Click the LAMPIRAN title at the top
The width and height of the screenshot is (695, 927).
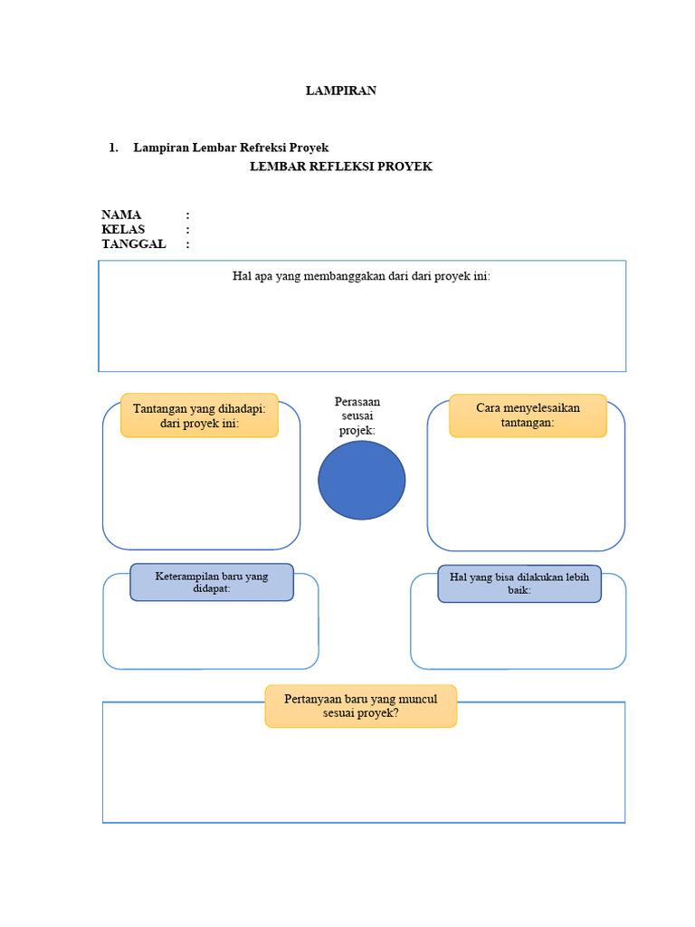point(340,91)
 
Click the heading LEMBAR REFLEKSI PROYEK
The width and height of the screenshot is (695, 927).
point(341,167)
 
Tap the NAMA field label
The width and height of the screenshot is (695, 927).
point(121,215)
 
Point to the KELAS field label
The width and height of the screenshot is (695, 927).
point(123,230)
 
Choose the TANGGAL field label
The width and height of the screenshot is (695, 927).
point(134,244)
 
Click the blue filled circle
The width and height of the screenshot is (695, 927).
point(362,480)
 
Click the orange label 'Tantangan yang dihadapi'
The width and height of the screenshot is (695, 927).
point(199,416)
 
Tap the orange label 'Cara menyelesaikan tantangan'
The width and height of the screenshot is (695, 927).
point(528,416)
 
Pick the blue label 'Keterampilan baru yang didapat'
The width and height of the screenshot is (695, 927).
point(212,582)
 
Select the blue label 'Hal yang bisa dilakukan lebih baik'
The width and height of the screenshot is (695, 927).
point(519,584)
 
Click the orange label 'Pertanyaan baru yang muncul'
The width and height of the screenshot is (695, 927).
point(361,706)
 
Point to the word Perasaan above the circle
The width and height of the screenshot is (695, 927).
point(357,401)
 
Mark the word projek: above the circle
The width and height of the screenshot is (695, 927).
point(357,431)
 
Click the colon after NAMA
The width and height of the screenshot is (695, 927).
point(188,215)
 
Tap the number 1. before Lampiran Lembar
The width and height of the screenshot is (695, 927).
point(114,148)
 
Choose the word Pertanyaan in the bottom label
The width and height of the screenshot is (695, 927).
point(313,699)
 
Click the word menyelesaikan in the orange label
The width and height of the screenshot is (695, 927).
point(540,408)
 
